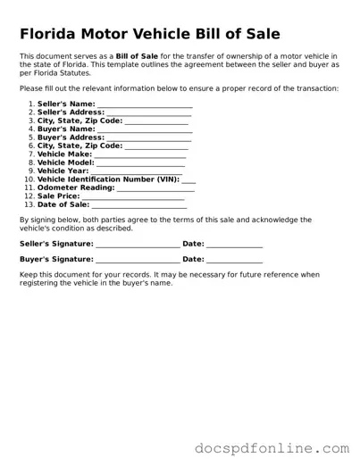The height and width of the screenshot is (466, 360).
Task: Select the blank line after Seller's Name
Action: [x=145, y=105]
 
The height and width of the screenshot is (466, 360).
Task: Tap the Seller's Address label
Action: [x=71, y=112]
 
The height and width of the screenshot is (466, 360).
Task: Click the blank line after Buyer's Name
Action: [x=145, y=129]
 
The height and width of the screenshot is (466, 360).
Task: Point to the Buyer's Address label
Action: [x=71, y=137]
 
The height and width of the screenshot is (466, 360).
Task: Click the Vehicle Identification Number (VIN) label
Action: [x=108, y=179]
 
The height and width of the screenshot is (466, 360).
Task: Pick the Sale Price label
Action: [x=59, y=196]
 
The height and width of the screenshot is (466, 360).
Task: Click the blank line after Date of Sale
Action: [x=139, y=204]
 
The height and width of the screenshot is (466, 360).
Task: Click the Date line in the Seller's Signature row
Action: [x=235, y=245]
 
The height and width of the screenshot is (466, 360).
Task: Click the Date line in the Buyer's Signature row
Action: [x=235, y=260]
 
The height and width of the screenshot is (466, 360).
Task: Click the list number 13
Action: [x=29, y=204]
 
